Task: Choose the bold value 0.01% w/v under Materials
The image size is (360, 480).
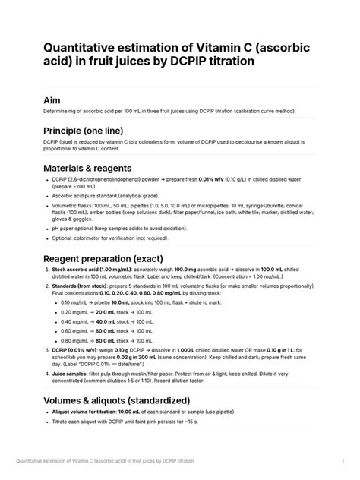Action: [x=187, y=179]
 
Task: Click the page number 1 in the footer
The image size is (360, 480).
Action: [x=343, y=460]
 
